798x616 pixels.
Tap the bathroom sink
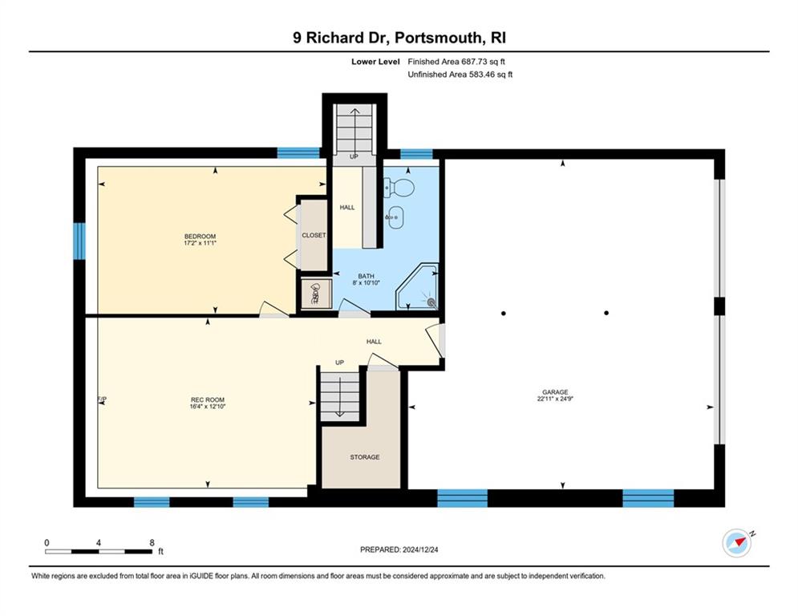[395, 217]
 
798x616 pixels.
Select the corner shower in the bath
[417, 286]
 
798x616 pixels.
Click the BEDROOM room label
[200, 237]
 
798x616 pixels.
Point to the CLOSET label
[314, 235]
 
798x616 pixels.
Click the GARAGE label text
[555, 392]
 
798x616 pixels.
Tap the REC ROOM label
[208, 399]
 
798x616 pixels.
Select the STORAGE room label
[364, 457]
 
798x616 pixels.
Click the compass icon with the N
[737, 543]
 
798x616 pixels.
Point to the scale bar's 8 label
[152, 543]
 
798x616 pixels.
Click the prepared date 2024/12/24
[420, 549]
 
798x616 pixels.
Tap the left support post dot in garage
[504, 313]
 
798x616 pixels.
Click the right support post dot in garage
[606, 313]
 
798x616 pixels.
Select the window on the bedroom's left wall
[79, 241]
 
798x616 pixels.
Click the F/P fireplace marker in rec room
[103, 399]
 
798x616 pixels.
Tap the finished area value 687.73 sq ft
[483, 62]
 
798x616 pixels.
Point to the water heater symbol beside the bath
[316, 294]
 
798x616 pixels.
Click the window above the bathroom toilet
[416, 154]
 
